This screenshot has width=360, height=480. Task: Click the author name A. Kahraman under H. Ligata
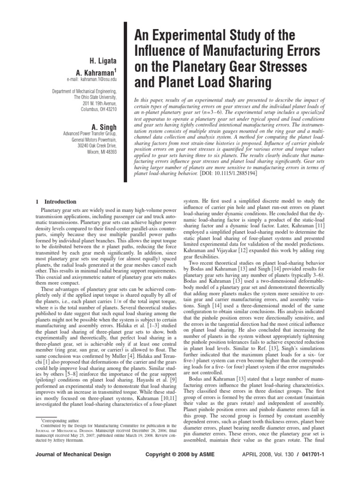click(100, 72)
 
